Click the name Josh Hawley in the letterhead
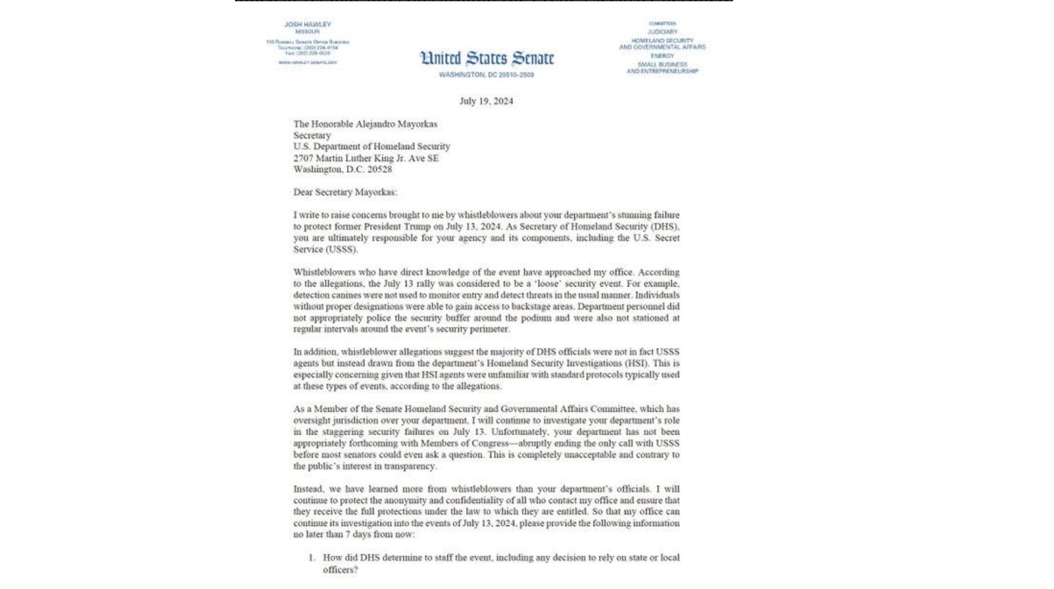tap(307, 24)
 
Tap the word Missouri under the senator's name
tap(307, 31)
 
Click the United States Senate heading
tap(487, 58)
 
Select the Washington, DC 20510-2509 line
tap(487, 75)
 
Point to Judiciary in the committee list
tap(662, 31)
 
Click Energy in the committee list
tap(662, 56)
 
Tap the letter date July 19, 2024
tap(486, 101)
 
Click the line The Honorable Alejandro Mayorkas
tap(365, 124)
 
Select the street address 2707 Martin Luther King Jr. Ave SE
tap(366, 158)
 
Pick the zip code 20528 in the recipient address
tap(380, 169)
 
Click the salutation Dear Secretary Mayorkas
tap(345, 192)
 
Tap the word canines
tap(346, 295)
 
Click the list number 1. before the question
tap(312, 558)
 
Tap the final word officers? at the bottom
tap(340, 569)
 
